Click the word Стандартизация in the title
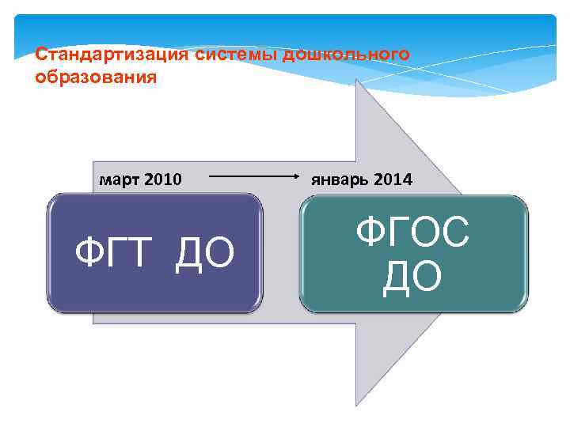point(112,55)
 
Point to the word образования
point(96,77)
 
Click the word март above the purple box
point(120,179)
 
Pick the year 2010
point(162,179)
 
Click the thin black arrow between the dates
point(253,179)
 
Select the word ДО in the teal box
point(412,278)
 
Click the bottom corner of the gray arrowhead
point(358,405)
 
